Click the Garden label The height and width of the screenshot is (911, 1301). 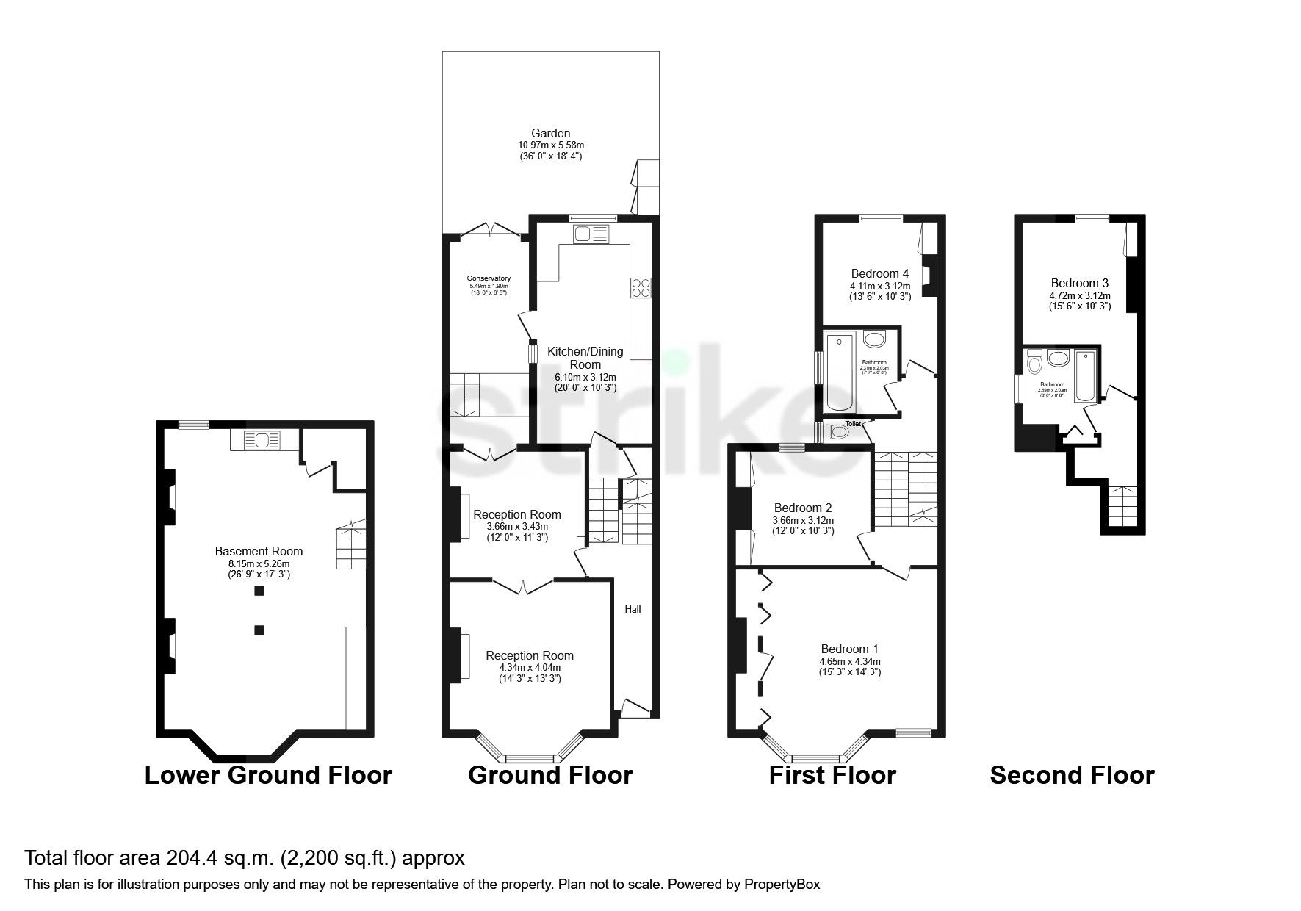click(550, 134)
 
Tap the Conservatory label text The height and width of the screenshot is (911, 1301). click(489, 278)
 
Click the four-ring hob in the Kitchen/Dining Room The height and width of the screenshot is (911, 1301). click(640, 287)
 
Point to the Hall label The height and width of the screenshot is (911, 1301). click(633, 609)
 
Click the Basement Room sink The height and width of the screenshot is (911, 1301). click(261, 440)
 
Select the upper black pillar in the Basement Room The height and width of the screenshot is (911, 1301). click(259, 591)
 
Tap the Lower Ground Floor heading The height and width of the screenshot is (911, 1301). click(268, 775)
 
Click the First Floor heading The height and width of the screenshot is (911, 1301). click(832, 775)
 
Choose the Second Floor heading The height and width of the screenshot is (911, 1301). click(1072, 775)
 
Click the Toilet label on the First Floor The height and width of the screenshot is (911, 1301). click(853, 424)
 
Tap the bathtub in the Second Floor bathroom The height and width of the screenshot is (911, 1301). click(1084, 376)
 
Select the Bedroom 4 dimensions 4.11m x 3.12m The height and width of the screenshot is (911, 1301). click(880, 287)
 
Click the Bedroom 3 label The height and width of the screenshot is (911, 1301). click(1079, 283)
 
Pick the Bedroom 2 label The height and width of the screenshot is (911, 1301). click(803, 508)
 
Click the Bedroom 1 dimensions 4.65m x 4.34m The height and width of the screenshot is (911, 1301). click(850, 661)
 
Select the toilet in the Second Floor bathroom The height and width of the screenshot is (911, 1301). click(1034, 362)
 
